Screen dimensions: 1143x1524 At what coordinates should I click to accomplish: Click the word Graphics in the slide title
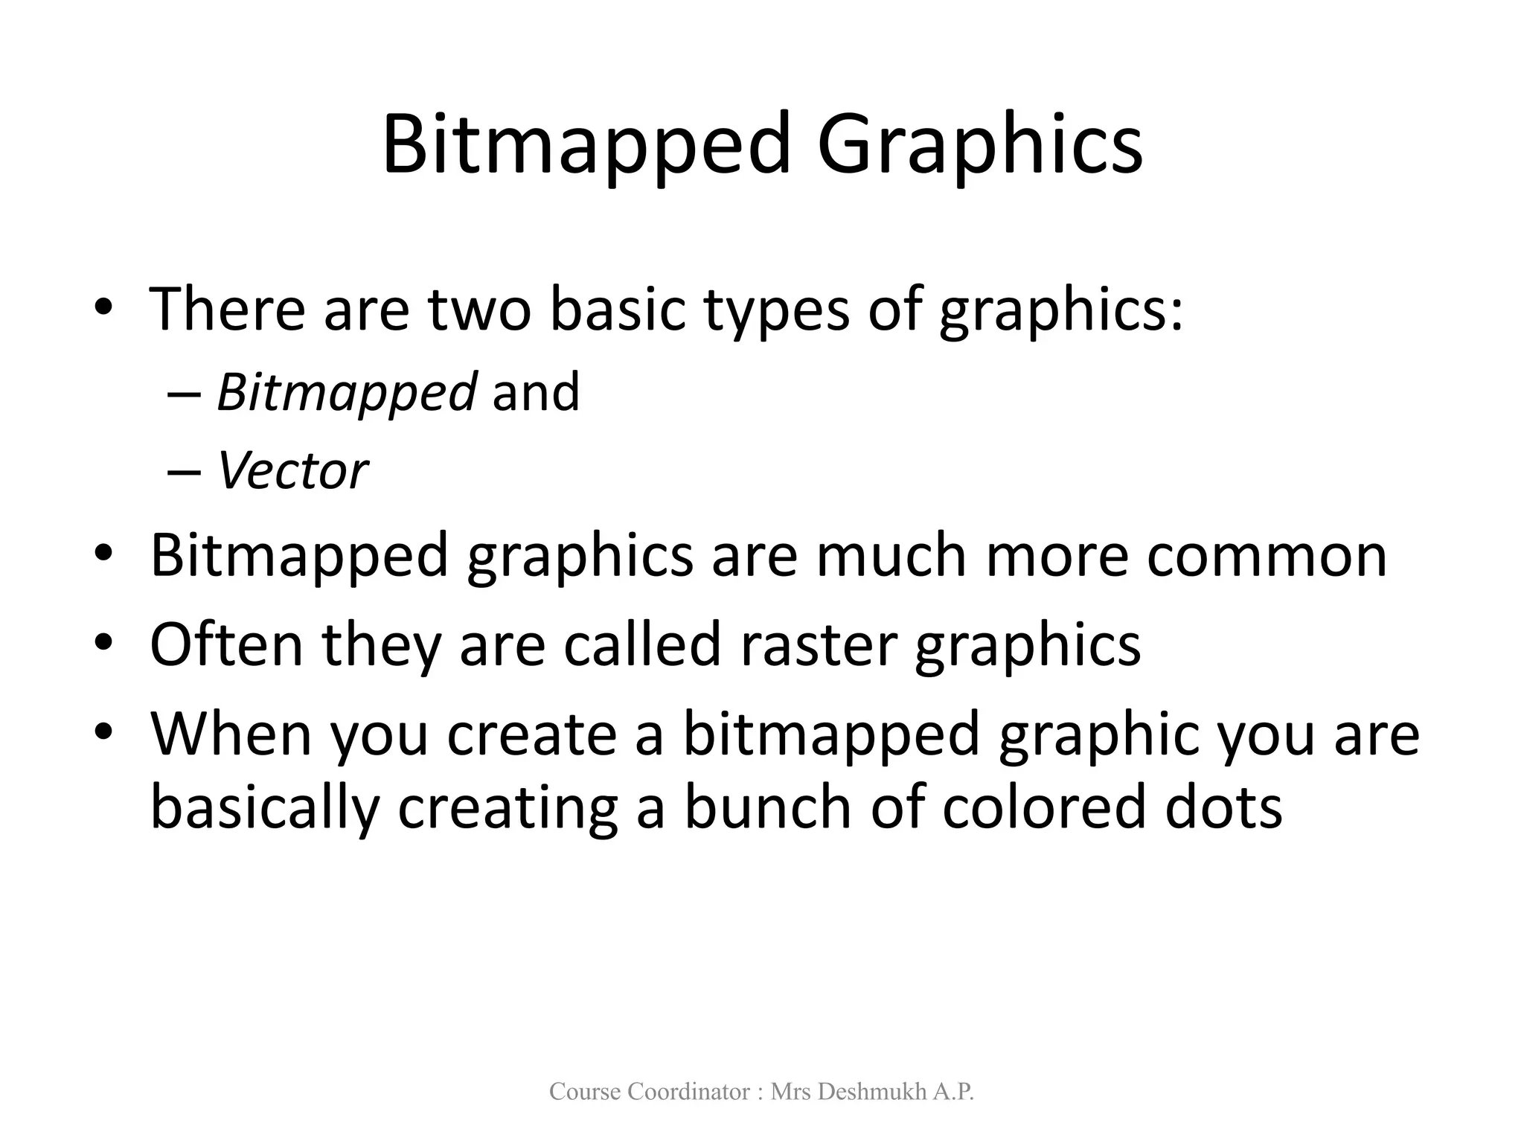click(979, 146)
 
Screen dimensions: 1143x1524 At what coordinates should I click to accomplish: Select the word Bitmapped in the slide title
click(586, 146)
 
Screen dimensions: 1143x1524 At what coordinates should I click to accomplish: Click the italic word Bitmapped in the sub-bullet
click(346, 393)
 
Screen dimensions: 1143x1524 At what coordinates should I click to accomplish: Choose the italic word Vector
click(292, 471)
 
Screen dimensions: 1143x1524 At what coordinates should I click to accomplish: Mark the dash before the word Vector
click(184, 473)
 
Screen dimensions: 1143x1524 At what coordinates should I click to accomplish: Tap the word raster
click(818, 644)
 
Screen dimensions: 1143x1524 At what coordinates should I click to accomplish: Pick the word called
click(642, 644)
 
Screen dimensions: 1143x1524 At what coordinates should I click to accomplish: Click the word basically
click(265, 810)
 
